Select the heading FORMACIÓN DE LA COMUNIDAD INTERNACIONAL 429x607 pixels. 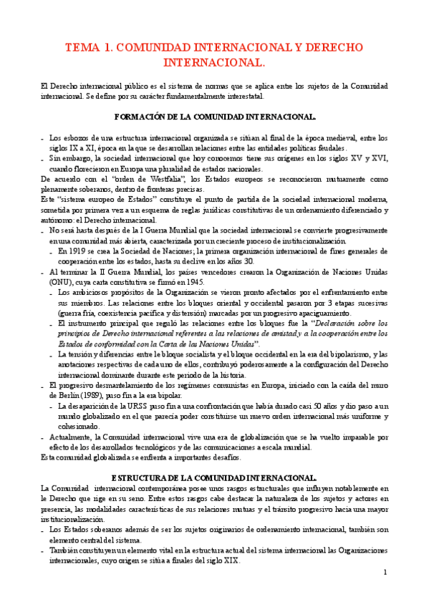point(215,116)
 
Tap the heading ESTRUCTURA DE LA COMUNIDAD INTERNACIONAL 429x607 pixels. point(215,477)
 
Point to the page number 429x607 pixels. point(385,573)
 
